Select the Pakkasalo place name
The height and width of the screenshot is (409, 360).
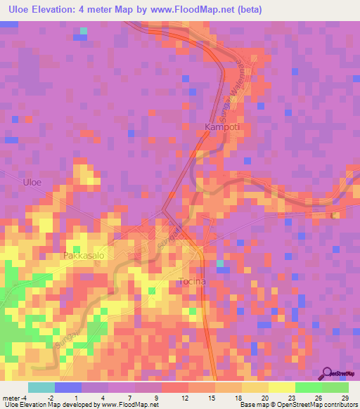coord(84,256)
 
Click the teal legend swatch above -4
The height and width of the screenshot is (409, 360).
coord(41,387)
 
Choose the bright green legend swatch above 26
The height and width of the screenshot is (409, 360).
coord(308,387)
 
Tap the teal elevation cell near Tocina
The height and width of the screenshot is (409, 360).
coord(220,264)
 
